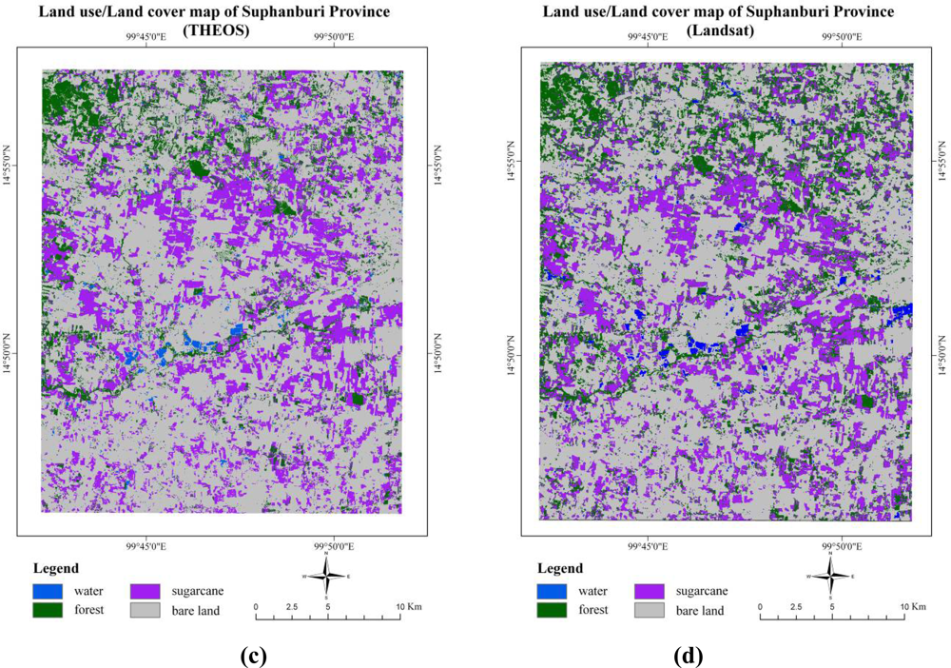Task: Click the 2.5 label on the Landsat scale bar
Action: click(x=796, y=606)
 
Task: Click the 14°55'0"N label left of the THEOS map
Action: click(x=14, y=168)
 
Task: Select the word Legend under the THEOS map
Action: click(x=61, y=568)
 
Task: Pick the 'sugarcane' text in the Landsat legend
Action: click(x=702, y=590)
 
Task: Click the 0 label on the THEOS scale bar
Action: click(x=256, y=606)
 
